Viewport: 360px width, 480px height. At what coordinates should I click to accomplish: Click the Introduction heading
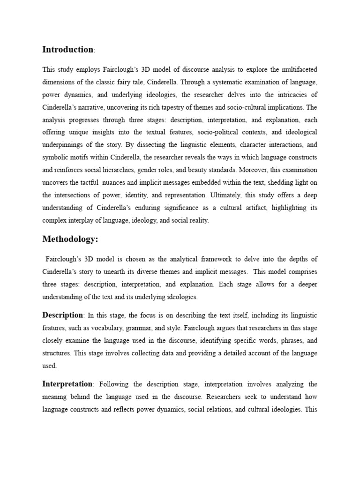[x=67, y=49]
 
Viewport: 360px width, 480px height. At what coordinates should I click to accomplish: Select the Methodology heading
[x=70, y=239]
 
